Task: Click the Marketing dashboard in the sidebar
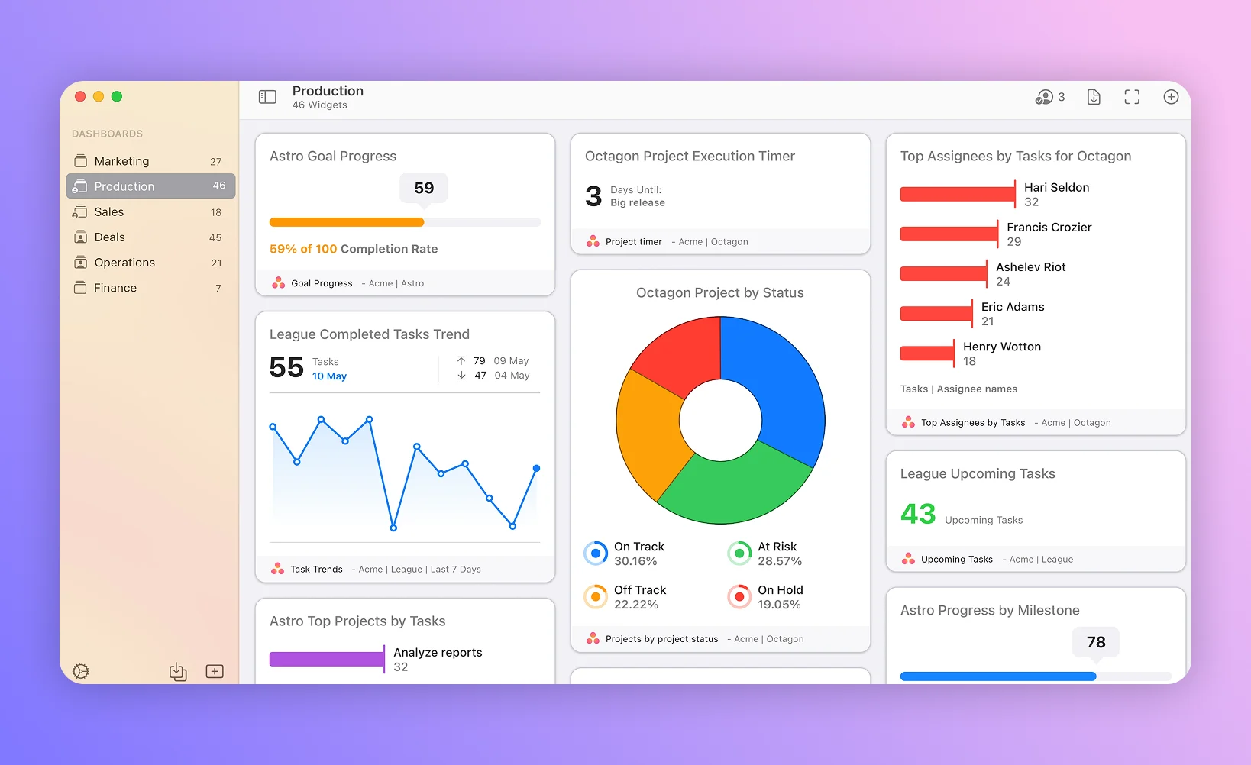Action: [x=122, y=161]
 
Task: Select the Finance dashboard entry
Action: [x=115, y=288]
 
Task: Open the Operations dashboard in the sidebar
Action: [x=124, y=263]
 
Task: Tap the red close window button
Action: [x=80, y=96]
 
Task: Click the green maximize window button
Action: [x=117, y=96]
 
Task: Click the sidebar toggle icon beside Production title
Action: [x=267, y=97]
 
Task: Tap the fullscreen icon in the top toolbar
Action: [x=1132, y=97]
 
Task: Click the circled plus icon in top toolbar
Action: [x=1171, y=97]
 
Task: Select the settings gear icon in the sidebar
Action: [x=81, y=672]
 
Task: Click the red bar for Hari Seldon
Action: [x=957, y=194]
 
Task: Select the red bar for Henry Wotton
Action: [x=926, y=353]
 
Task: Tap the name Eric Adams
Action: [x=1013, y=307]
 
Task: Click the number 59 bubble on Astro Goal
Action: [x=424, y=188]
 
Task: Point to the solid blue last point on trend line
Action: [x=536, y=468]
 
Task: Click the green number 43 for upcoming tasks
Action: [x=918, y=514]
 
